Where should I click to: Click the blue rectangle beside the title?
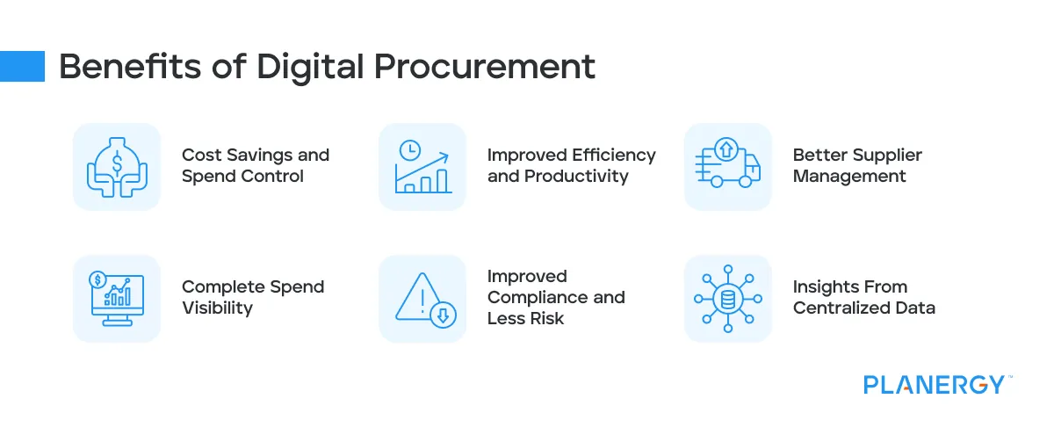(x=22, y=66)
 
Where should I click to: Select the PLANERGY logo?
(x=933, y=385)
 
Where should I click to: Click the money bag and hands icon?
(x=117, y=166)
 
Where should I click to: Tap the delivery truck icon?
(x=727, y=166)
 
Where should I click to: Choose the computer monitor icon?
(x=117, y=299)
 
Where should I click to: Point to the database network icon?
(x=727, y=299)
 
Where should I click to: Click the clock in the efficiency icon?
(x=408, y=150)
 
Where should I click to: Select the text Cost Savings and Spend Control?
(x=255, y=165)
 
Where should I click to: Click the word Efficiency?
(x=613, y=155)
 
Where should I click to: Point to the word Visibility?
(x=217, y=308)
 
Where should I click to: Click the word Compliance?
(x=540, y=297)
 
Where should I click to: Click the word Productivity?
(x=576, y=176)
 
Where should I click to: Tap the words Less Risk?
(x=525, y=318)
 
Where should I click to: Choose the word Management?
(x=848, y=176)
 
